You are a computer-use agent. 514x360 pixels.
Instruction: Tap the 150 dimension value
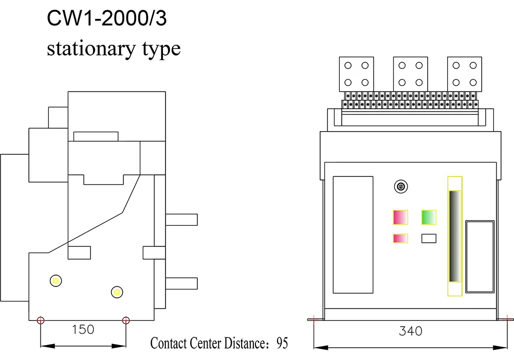(83, 330)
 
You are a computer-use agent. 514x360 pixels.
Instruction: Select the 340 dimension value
(410, 331)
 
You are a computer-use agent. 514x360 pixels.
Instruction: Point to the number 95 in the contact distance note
(282, 343)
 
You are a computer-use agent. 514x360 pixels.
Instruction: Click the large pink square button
(400, 218)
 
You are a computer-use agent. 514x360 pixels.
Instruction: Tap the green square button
(429, 218)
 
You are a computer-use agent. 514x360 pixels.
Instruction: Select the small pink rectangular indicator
(400, 239)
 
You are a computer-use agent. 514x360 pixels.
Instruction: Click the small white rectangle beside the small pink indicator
(429, 239)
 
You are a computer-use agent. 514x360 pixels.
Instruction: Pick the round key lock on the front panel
(400, 187)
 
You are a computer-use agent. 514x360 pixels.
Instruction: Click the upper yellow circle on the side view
(56, 280)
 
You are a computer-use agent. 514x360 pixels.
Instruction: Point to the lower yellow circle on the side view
(117, 292)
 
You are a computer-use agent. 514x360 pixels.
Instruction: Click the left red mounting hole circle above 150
(41, 320)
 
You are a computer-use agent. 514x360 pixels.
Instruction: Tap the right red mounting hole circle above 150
(126, 320)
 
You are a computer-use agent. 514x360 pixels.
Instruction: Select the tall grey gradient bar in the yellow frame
(455, 236)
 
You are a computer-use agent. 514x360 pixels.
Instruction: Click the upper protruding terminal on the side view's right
(181, 219)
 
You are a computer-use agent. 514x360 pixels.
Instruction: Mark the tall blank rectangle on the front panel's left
(353, 235)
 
